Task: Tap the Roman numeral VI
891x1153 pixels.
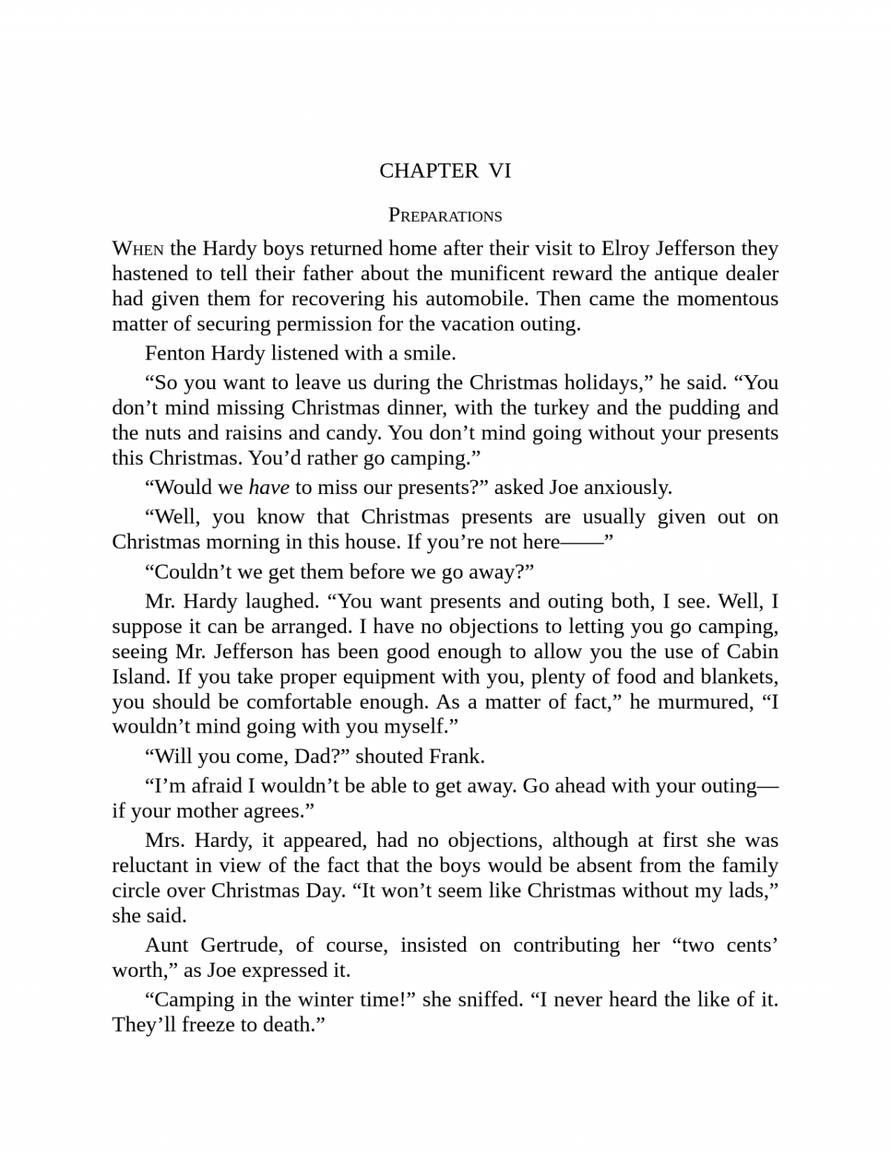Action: tap(500, 171)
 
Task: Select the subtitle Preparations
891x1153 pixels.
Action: tap(446, 215)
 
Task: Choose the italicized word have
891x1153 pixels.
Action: tap(269, 487)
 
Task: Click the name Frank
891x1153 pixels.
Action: tap(457, 756)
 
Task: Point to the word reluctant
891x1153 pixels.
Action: tap(151, 865)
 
